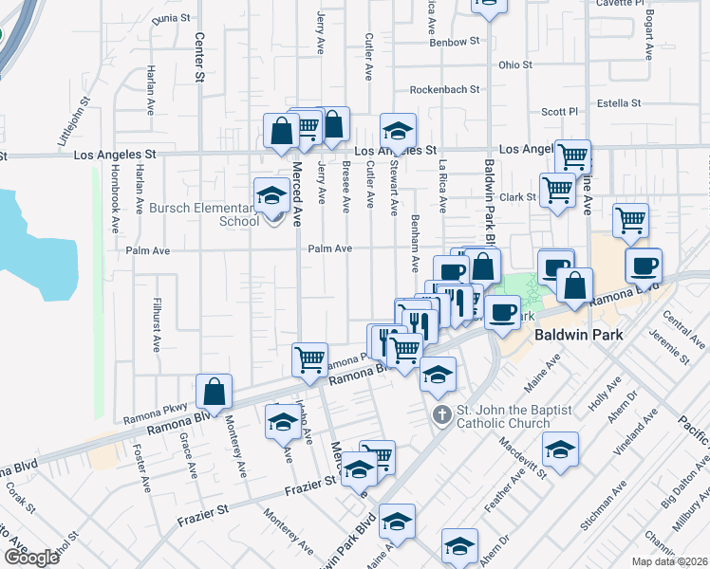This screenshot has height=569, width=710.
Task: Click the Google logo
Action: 30,558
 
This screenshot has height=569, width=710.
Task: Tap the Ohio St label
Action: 515,65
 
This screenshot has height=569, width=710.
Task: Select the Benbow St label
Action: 455,43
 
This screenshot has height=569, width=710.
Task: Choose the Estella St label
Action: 619,102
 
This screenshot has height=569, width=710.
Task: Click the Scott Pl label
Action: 559,112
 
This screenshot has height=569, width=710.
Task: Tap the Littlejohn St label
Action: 74,119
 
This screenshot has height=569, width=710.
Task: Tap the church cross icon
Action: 441,414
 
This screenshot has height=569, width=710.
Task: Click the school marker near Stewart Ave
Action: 399,132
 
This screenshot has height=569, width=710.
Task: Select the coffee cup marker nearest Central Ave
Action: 644,266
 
